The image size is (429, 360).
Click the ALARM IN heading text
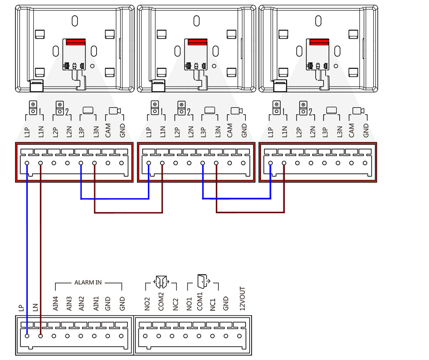(88, 282)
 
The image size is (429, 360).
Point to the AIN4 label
(55, 304)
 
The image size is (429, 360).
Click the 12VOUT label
(242, 298)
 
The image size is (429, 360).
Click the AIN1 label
(96, 304)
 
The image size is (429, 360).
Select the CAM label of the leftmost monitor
(108, 130)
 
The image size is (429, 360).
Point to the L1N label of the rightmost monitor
(284, 132)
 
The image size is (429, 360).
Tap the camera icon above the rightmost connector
(358, 111)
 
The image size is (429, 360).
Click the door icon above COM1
(201, 282)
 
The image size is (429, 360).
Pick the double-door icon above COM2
(161, 282)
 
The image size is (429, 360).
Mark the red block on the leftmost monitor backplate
(75, 42)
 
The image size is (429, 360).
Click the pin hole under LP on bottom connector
(27, 336)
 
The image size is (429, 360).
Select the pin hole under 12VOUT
(239, 336)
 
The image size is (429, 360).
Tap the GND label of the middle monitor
(244, 131)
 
